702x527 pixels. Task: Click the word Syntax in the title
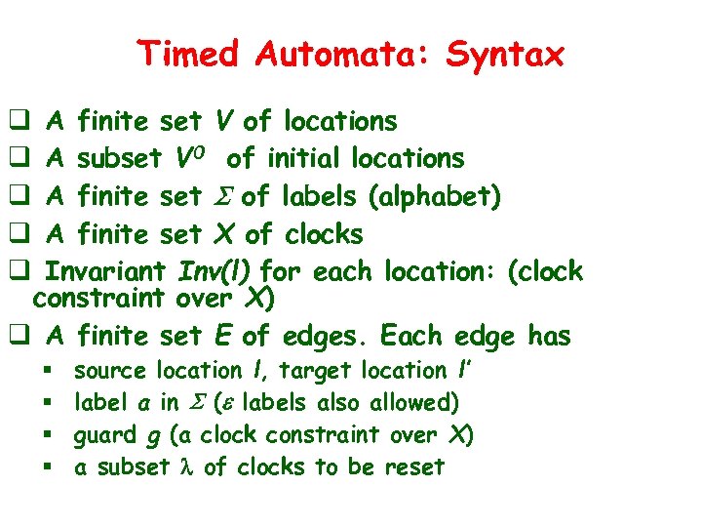[505, 54]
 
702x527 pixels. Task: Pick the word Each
[413, 337]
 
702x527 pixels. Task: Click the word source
[109, 372]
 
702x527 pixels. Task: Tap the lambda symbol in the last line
[189, 467]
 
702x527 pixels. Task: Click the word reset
[413, 466]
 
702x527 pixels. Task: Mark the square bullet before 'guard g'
[46, 435]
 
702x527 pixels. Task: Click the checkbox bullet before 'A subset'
[18, 158]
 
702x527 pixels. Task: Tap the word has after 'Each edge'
[549, 337]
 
